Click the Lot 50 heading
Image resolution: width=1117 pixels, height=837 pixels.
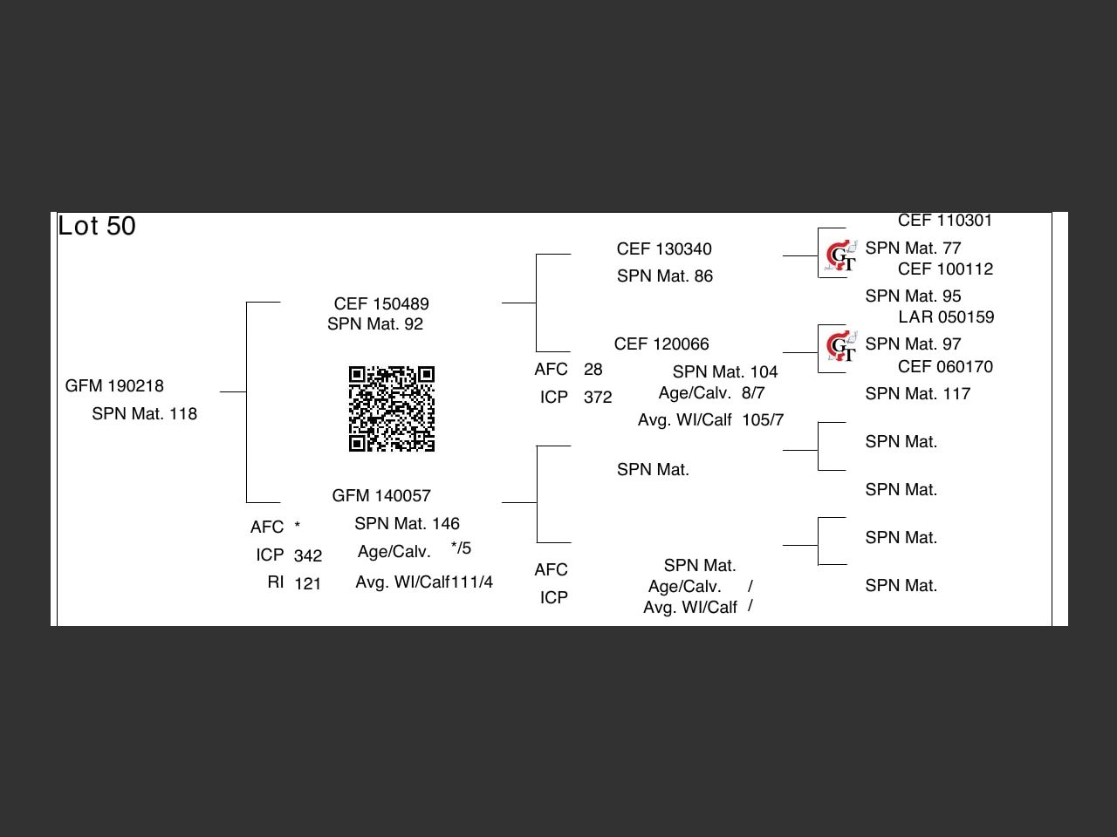pos(97,227)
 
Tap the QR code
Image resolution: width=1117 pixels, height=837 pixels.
pos(392,409)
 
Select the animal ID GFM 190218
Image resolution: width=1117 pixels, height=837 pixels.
pos(114,386)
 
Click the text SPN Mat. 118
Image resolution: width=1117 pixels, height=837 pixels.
pos(144,414)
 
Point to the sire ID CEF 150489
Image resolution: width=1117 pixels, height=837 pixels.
pos(381,303)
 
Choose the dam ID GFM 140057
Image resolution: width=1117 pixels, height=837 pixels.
pos(381,496)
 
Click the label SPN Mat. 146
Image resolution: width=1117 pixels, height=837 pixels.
pos(407,524)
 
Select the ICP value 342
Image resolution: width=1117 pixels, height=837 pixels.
pos(308,556)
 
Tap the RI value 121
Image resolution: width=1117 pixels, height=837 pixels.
pos(308,584)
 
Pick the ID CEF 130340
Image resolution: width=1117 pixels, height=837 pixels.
pos(664,249)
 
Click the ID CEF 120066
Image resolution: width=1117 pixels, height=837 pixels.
pos(661,344)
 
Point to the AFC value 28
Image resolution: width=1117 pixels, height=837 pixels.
pos(593,370)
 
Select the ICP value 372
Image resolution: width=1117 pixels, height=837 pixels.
pos(598,398)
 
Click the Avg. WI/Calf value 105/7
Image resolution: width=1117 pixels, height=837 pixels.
pos(763,420)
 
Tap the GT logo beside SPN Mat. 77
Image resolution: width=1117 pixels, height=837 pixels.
pos(841,255)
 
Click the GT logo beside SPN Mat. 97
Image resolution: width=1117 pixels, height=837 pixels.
pos(841,347)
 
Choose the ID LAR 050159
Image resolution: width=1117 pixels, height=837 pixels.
pos(946,317)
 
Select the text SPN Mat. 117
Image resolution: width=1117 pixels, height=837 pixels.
pos(917,394)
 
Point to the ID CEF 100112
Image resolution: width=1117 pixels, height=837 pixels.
pos(945,269)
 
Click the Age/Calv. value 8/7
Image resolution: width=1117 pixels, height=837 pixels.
pos(753,393)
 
